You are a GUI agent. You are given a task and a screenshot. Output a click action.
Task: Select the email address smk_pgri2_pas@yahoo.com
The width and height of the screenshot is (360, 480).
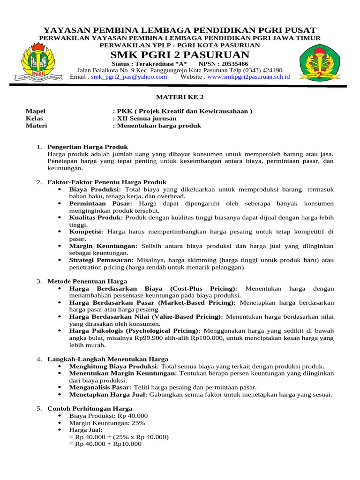[x=129, y=77]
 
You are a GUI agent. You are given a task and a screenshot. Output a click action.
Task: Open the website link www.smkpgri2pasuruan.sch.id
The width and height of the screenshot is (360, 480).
[x=248, y=77]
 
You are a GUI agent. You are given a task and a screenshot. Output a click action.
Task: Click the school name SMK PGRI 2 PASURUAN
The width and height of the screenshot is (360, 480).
[x=180, y=55]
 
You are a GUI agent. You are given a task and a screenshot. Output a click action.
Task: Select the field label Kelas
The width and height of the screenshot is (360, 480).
[x=34, y=118]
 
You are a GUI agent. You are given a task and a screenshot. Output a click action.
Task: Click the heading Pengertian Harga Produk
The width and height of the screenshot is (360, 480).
[x=88, y=147]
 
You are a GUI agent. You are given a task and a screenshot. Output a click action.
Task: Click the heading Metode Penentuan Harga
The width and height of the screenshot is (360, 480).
[x=87, y=281]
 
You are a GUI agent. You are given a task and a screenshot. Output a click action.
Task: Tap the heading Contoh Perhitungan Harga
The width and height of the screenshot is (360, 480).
[x=90, y=409]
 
